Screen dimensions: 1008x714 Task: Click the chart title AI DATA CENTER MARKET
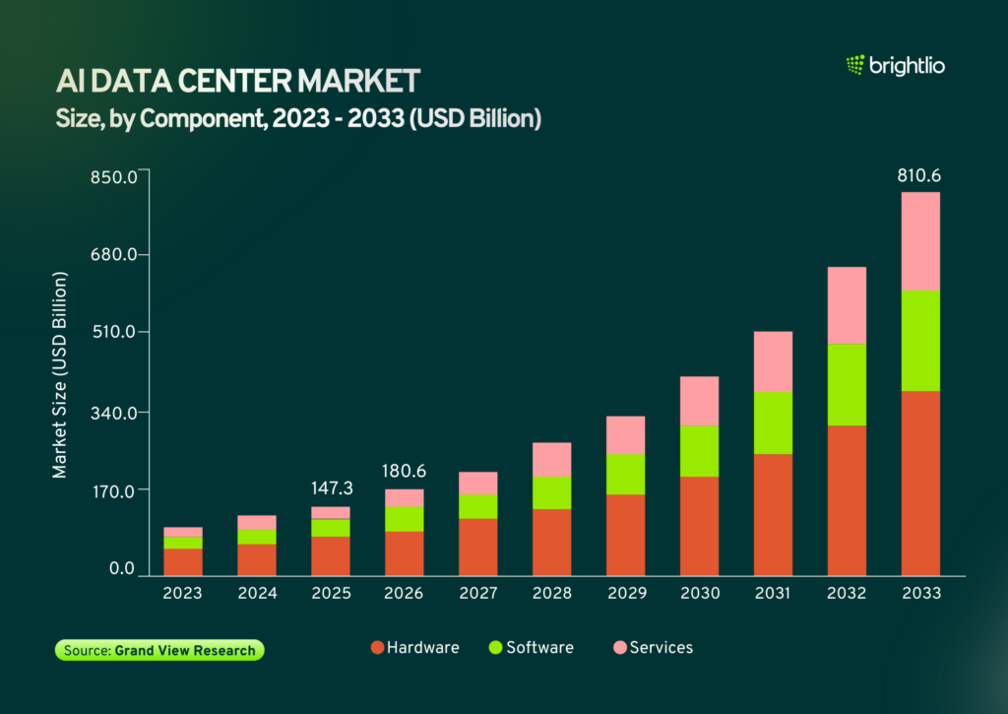click(238, 81)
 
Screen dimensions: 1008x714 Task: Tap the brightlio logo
click(896, 65)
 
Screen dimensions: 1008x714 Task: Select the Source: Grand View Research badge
click(159, 650)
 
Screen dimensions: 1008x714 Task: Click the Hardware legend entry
click(415, 648)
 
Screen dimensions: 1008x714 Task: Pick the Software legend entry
click(531, 648)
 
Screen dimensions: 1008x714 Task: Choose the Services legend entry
click(654, 648)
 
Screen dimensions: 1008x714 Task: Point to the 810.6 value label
click(919, 175)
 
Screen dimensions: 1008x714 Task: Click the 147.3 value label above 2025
click(332, 488)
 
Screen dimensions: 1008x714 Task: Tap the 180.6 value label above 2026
click(404, 471)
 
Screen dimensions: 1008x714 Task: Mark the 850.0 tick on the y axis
click(114, 177)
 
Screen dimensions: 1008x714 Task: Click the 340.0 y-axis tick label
click(114, 413)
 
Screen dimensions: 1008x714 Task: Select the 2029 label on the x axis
click(627, 593)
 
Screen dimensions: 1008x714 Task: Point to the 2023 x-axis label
click(182, 593)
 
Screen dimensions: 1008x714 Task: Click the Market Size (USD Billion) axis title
click(59, 375)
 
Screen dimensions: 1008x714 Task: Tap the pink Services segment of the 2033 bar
click(920, 241)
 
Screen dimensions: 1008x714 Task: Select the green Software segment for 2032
click(847, 385)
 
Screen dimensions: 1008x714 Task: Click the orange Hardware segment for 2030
click(700, 526)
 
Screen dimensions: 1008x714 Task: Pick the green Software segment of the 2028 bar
click(551, 492)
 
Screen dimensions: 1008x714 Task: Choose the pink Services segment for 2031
click(773, 361)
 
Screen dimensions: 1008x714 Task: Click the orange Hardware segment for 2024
click(257, 560)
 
